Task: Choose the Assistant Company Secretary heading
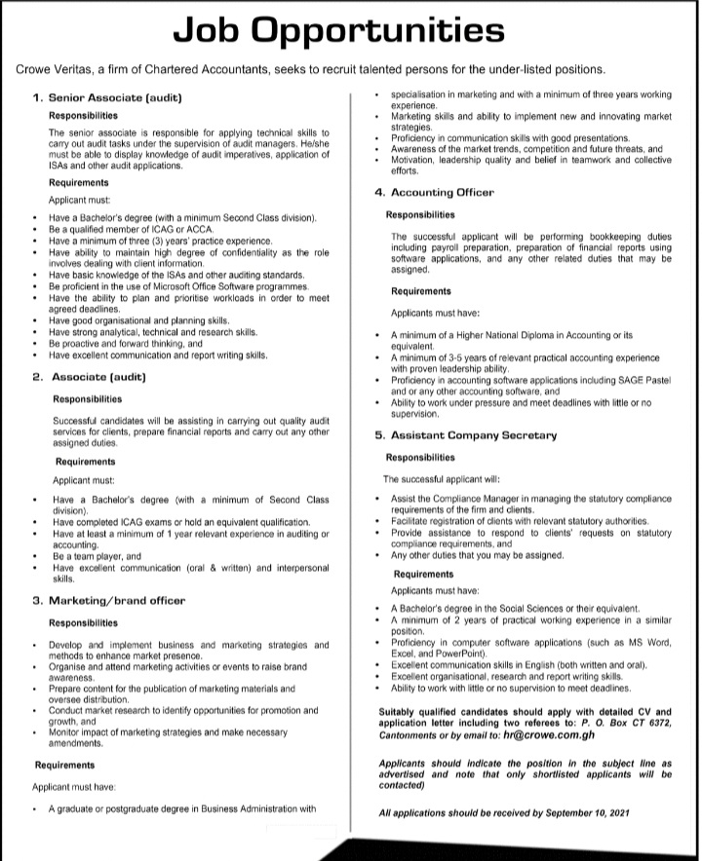[473, 435]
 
